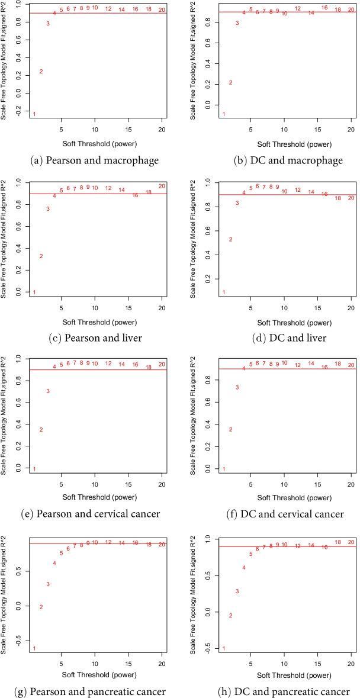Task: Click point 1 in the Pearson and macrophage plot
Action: click(x=34, y=114)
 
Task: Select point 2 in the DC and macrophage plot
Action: click(x=230, y=82)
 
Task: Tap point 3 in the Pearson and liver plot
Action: click(x=48, y=209)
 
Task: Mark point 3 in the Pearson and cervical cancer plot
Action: click(x=48, y=391)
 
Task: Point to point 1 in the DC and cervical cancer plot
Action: click(x=223, y=469)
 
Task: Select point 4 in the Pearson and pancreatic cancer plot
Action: click(x=54, y=563)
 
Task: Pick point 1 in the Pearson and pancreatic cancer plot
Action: click(x=34, y=648)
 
